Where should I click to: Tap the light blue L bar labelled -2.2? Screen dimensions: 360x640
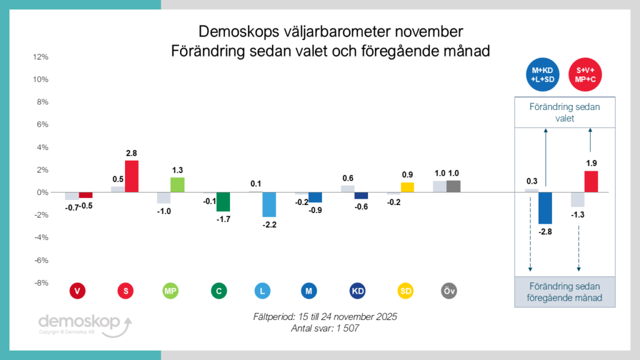[x=269, y=204]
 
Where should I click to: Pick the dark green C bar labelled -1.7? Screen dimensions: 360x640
[x=223, y=202]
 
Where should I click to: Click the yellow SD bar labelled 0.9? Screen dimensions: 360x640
[x=407, y=187]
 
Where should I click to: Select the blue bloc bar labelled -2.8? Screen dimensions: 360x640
[x=545, y=207]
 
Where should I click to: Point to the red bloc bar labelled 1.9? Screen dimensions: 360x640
[x=591, y=181]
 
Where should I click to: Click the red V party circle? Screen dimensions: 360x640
[x=77, y=291]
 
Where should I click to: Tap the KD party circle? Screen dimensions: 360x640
[x=357, y=291]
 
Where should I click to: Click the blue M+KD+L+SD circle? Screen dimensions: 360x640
[x=542, y=75]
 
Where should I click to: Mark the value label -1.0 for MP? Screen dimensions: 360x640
[x=163, y=211]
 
